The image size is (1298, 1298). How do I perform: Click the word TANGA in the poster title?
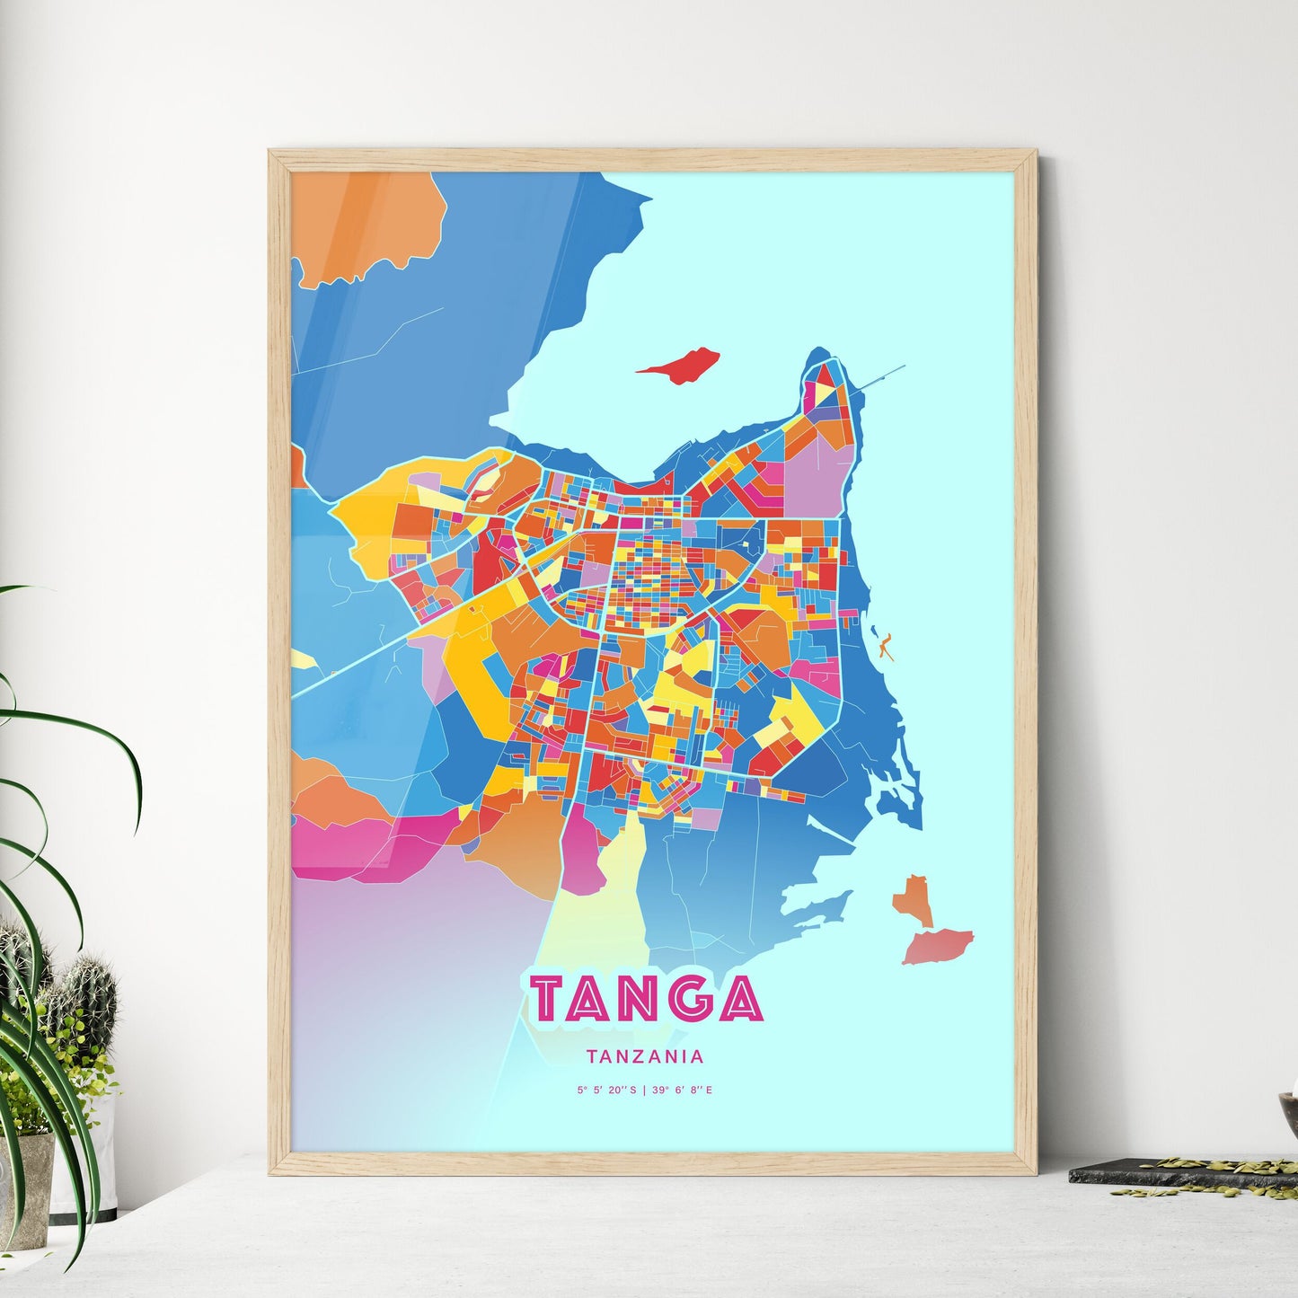[x=646, y=998]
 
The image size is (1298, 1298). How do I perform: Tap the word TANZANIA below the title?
[x=644, y=1057]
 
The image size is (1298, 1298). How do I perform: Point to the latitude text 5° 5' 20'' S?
[x=607, y=1090]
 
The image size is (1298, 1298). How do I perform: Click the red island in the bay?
[x=680, y=365]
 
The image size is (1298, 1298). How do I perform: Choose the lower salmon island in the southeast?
[x=938, y=947]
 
